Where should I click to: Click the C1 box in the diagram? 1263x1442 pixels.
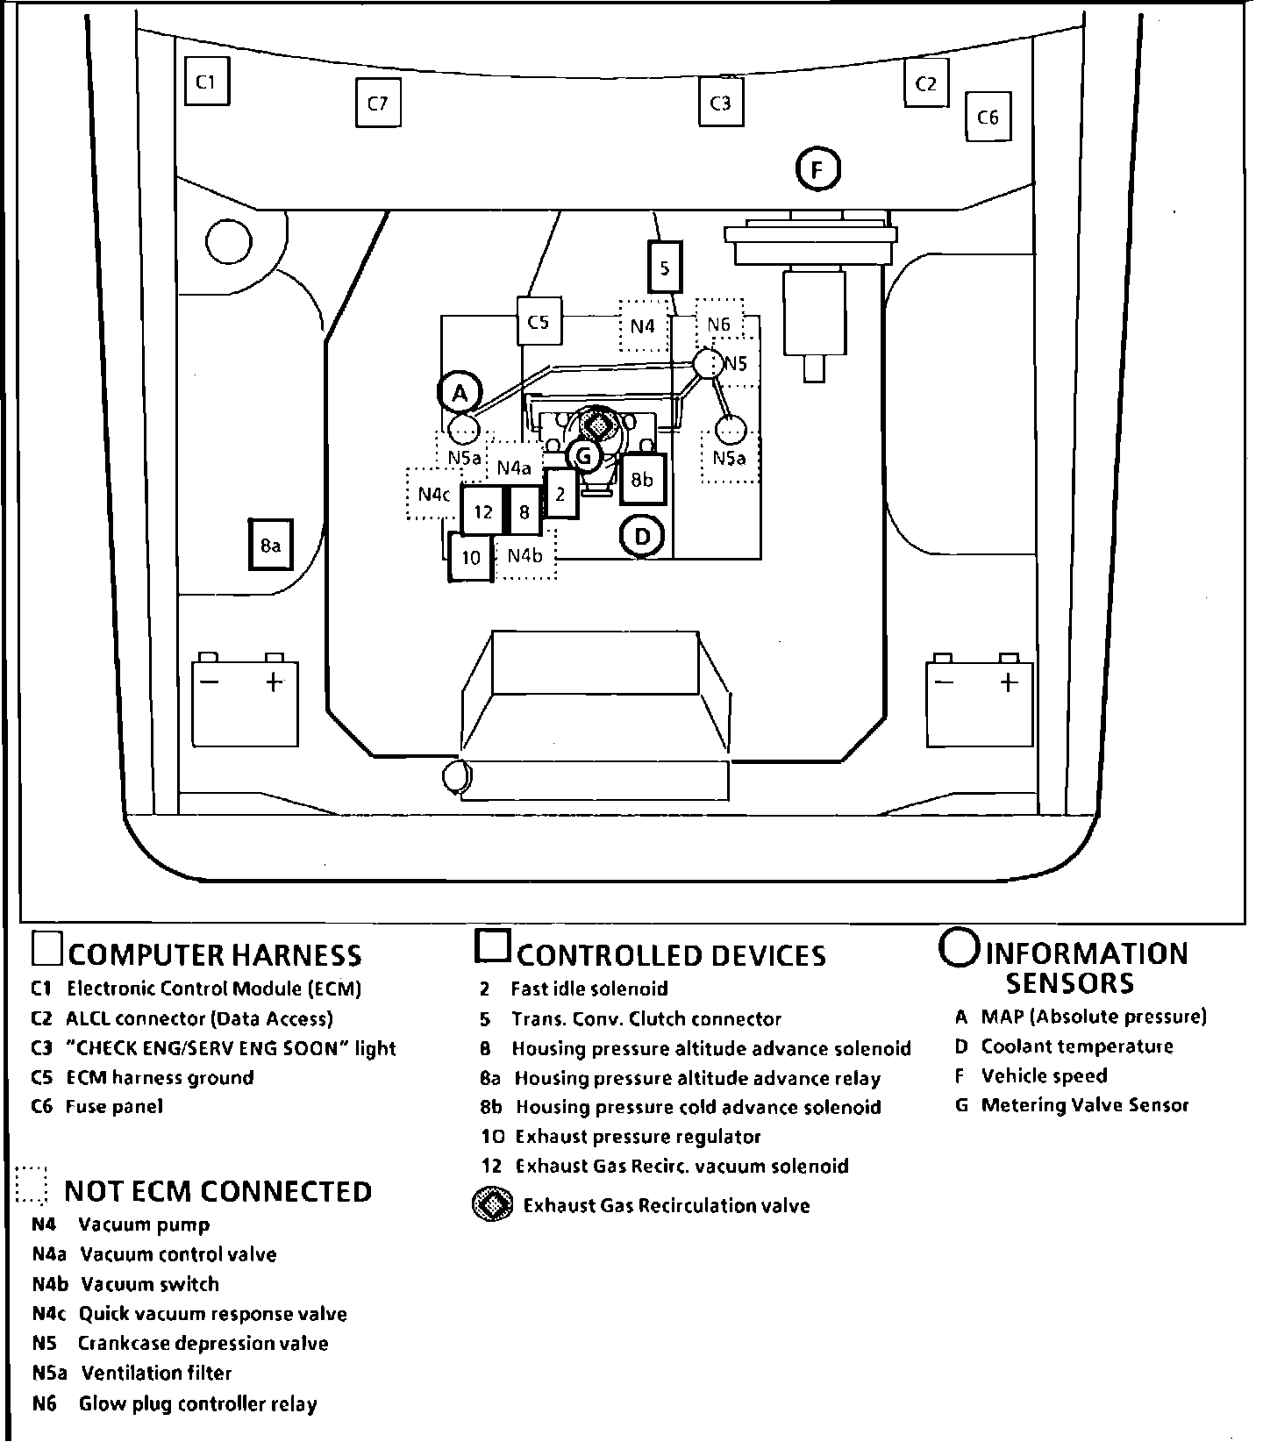pos(206,82)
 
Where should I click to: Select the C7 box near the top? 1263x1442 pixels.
pos(377,104)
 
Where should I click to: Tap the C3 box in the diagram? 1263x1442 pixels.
pos(720,104)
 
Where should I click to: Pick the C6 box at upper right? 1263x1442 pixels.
pos(988,117)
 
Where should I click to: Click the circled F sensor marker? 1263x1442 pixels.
pos(817,169)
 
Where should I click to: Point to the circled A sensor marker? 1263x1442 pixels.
pos(460,394)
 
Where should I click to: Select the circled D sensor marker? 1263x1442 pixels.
pos(642,536)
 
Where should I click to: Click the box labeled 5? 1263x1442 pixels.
pos(665,267)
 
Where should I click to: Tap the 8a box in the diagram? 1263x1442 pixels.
pos(270,546)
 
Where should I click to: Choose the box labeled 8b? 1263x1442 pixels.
pos(643,479)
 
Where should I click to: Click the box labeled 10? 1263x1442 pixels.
pos(471,557)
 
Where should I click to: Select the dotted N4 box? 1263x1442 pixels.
pos(643,325)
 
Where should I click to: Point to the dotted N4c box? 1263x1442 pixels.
pos(433,494)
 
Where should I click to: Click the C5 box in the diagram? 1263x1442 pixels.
pos(539,322)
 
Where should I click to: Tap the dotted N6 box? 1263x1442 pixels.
pos(719,324)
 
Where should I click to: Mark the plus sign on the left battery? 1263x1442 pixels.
pos(274,682)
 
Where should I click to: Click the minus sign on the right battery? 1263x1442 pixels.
pos(945,682)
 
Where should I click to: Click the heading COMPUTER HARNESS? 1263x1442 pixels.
pos(215,954)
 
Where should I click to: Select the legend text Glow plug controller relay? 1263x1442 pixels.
pos(197,1403)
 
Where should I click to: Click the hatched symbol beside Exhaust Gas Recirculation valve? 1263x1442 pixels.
pos(493,1205)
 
